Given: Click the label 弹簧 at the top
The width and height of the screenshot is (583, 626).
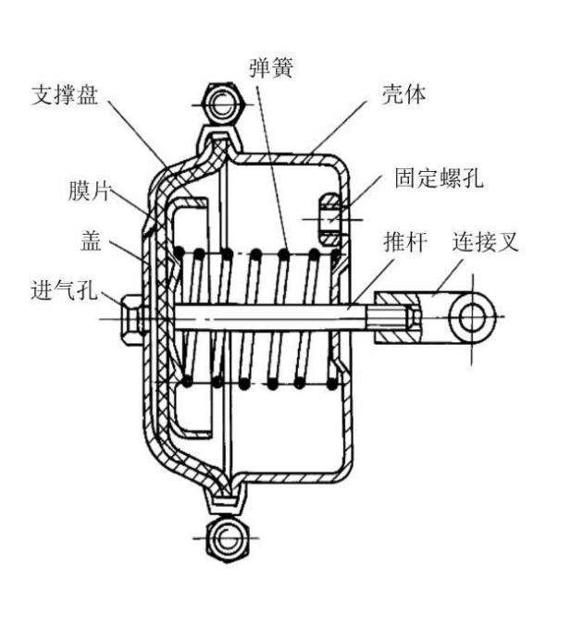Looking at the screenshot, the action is [x=271, y=68].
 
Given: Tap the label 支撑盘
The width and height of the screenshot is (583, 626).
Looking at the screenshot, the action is [x=65, y=95].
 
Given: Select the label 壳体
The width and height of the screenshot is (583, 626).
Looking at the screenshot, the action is [x=403, y=94].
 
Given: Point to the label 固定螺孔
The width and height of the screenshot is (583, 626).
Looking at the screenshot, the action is [x=439, y=178].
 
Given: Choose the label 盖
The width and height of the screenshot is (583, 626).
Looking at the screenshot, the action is [x=91, y=240].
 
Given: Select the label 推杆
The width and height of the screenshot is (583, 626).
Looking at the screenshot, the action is [x=404, y=241].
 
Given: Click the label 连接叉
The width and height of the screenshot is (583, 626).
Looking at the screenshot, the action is [x=485, y=241].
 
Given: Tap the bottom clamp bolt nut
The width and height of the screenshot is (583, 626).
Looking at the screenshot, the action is [x=227, y=538].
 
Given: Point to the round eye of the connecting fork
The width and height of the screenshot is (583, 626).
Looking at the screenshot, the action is [x=472, y=317].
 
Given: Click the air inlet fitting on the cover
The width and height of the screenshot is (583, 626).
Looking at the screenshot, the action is [x=130, y=319].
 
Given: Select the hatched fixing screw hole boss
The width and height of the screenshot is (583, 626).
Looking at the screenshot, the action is [x=330, y=219].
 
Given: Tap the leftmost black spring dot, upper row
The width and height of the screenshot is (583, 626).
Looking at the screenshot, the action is [x=179, y=252].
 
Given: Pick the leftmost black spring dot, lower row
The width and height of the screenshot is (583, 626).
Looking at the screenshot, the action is [x=187, y=382].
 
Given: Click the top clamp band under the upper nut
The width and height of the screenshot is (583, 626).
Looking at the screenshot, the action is [x=219, y=139].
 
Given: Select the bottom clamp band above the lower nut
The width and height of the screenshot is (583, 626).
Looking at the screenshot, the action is [x=225, y=500].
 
